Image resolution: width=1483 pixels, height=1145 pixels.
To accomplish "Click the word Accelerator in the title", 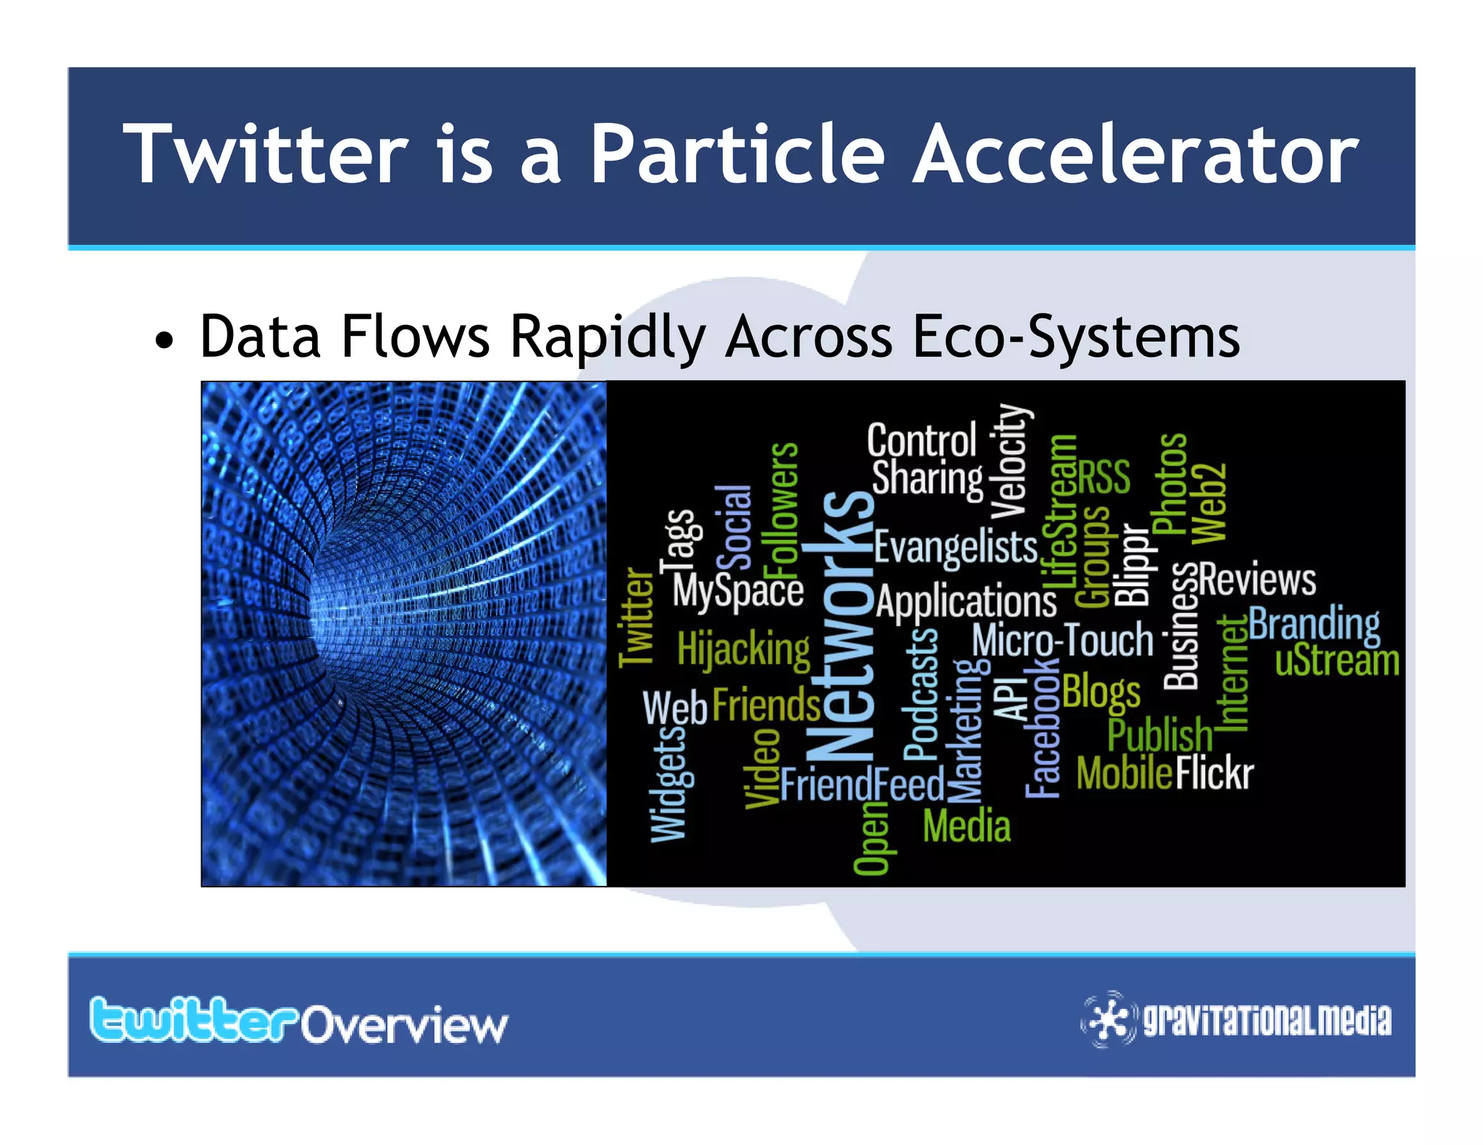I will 1135,154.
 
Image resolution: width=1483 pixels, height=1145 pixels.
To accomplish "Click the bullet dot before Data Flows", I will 165,340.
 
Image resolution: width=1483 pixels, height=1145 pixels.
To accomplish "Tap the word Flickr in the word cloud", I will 1214,773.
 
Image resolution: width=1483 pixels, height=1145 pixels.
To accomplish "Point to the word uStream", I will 1337,661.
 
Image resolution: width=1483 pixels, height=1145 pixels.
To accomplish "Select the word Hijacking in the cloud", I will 744,648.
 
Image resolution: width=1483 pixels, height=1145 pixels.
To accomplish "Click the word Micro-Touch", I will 1062,641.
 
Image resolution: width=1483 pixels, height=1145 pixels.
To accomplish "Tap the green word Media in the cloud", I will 967,826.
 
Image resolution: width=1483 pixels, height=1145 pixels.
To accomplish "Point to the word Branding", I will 1314,624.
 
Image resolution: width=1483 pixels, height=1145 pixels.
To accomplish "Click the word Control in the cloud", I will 922,440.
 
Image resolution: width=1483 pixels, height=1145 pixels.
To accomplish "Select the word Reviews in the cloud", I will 1257,580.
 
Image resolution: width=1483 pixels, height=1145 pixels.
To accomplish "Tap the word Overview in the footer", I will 404,1025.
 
